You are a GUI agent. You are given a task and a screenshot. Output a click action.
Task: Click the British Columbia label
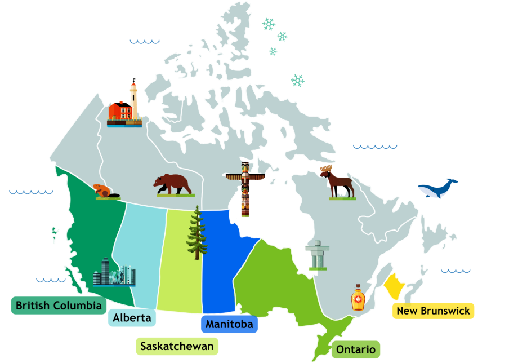click(59, 306)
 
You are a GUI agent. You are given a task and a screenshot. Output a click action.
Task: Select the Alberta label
click(132, 318)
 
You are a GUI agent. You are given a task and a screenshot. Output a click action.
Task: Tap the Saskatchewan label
click(177, 346)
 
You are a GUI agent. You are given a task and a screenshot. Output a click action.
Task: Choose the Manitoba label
click(229, 324)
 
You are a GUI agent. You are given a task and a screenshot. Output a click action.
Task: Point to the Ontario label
click(355, 349)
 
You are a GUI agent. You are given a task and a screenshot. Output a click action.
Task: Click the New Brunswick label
click(433, 311)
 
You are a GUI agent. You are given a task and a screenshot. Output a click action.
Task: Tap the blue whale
click(437, 188)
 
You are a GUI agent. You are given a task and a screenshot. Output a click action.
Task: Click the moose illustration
click(338, 181)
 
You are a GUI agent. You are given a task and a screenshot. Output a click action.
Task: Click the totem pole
click(245, 189)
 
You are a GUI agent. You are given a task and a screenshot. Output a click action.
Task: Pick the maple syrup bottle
click(358, 298)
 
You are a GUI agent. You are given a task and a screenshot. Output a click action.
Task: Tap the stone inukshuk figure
click(316, 254)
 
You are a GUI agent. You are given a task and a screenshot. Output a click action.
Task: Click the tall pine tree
click(197, 233)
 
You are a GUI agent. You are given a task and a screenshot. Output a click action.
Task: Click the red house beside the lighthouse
click(119, 111)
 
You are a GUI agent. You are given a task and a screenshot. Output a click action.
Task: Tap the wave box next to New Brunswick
click(453, 269)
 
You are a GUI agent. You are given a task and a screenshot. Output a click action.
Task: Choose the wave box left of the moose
click(375, 145)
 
